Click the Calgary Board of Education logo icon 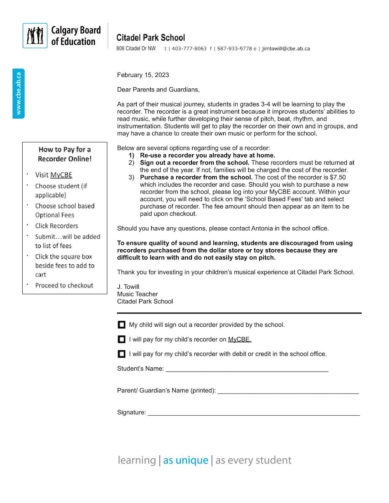[x=35, y=36]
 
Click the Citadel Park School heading [x=150, y=38]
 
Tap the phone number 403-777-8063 [x=189, y=49]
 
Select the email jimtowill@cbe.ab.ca [x=286, y=49]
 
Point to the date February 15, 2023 [x=143, y=75]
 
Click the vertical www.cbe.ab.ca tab [x=19, y=93]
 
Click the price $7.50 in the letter [x=338, y=177]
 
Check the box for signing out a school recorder [x=121, y=325]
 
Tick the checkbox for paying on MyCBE [x=121, y=339]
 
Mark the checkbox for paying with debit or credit [x=121, y=354]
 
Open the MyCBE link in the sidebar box [x=61, y=175]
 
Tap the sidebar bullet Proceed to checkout [x=64, y=285]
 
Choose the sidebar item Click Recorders [x=57, y=226]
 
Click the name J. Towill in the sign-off [x=128, y=287]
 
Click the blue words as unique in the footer [x=186, y=460]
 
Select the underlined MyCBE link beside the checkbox [x=240, y=340]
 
